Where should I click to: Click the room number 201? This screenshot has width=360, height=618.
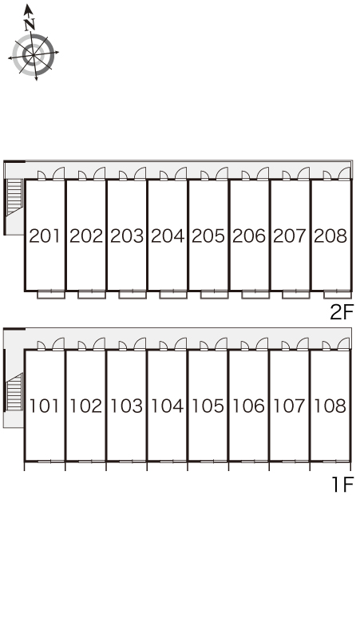(45, 236)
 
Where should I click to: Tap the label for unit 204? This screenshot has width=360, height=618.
(168, 236)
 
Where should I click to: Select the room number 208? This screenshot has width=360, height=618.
(330, 236)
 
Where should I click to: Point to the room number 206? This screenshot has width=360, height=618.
(249, 236)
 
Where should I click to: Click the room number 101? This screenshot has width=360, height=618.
(45, 406)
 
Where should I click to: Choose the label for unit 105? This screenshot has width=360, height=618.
(208, 406)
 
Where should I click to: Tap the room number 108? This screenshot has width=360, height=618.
(330, 406)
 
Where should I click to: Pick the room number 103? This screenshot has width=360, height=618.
(126, 406)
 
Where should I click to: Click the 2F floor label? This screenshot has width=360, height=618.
(342, 312)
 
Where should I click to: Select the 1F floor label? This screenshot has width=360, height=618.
(343, 485)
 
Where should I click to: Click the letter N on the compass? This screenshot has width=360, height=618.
(30, 26)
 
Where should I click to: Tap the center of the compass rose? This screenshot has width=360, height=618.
(33, 54)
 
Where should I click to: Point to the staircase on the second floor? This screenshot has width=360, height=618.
(14, 197)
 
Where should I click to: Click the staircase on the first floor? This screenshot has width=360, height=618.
(14, 392)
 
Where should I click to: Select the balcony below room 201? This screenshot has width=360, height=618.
(51, 294)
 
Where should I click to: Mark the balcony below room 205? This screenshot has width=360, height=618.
(214, 294)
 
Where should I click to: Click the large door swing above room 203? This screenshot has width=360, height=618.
(140, 173)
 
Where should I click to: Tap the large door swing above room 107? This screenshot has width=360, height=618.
(303, 343)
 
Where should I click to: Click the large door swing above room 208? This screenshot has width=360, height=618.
(344, 173)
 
